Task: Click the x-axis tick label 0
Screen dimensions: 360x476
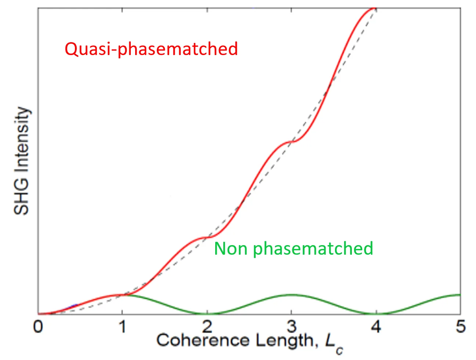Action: (38, 326)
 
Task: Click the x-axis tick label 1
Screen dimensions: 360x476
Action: (122, 326)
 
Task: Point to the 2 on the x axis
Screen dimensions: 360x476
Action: (208, 326)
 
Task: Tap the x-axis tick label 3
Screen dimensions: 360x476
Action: (292, 326)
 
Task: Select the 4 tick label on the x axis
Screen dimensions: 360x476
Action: (376, 326)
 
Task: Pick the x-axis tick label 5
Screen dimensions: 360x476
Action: (461, 326)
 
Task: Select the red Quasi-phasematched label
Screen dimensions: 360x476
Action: (151, 49)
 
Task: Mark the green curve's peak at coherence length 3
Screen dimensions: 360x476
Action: (291, 294)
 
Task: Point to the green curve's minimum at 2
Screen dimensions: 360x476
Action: (208, 314)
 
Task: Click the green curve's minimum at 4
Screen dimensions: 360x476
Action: (376, 314)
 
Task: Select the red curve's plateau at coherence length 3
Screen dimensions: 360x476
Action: (291, 141)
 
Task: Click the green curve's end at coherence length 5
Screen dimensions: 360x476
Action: (459, 295)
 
